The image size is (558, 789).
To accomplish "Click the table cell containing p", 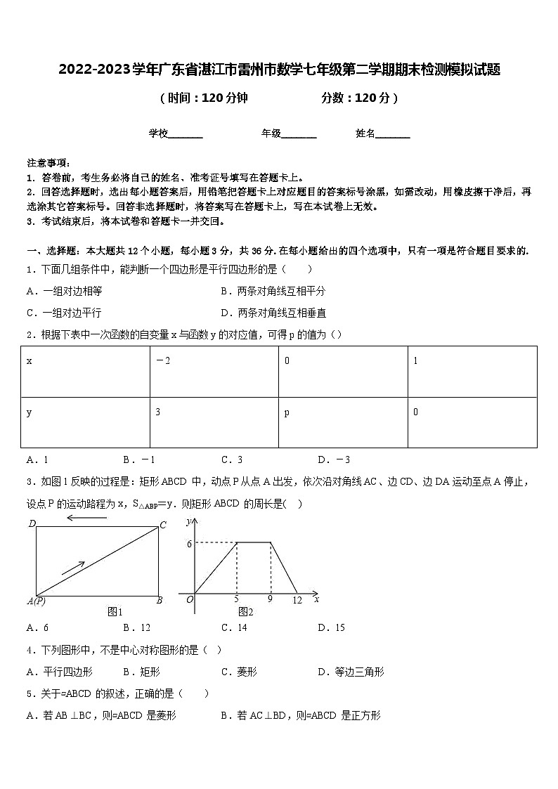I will pos(343,422).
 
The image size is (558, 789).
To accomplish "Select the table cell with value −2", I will pos(214,371).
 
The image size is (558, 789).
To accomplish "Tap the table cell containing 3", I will pos(214,422).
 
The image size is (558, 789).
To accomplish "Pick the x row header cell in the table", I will pos(85,371).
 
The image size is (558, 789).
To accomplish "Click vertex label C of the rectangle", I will pos(162,525).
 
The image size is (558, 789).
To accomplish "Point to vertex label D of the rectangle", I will pos(32,523).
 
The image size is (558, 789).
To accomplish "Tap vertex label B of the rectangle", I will pos(160,600).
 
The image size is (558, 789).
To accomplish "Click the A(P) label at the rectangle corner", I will pos(36,601).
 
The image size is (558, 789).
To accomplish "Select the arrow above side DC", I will pos(86,518).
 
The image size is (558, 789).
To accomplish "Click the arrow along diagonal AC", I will pos(73,568).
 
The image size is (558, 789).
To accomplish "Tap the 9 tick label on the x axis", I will pos(270,600).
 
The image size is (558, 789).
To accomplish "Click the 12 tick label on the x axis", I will pos(298,600).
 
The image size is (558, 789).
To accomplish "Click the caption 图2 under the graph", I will pos(245,612).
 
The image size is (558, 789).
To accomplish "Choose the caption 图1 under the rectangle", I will pos(115,612).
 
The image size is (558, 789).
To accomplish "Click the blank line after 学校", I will pos(186,133).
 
